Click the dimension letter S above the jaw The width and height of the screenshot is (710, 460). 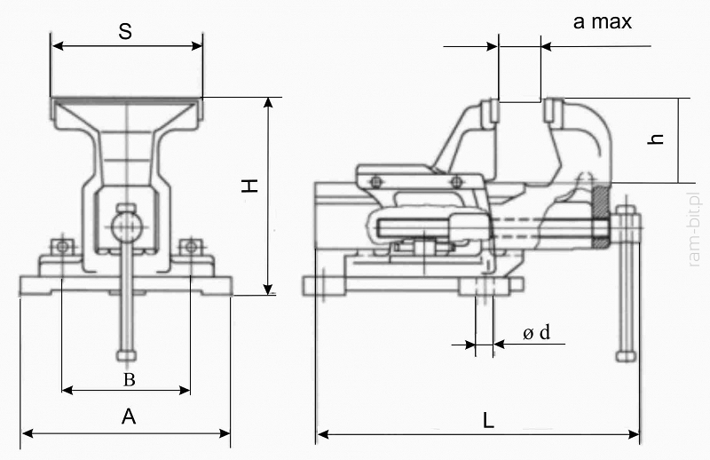125,31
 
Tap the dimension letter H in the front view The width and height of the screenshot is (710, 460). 249,186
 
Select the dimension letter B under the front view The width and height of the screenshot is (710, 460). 130,380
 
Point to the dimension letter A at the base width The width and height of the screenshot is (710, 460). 129,416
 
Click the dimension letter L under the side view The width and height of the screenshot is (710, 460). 487,420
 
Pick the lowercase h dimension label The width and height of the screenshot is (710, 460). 656,139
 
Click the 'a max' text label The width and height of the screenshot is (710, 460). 603,21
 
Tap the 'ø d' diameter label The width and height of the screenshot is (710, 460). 537,333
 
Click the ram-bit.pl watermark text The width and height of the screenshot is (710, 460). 694,230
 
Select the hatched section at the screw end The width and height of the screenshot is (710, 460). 601,217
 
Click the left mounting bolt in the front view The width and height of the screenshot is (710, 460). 62,247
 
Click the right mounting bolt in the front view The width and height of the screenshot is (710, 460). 191,247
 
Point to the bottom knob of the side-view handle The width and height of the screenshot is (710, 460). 627,356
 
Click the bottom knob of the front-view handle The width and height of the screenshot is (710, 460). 126,355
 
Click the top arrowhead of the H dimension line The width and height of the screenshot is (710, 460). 269,102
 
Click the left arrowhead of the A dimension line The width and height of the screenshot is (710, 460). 28,433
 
